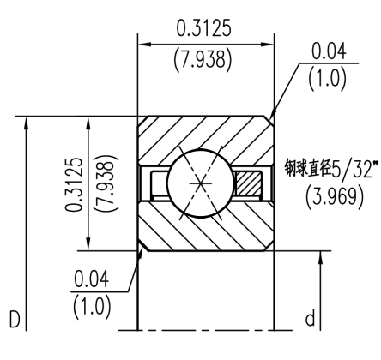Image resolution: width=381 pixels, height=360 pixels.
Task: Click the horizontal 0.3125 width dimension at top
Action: pyautogui.click(x=206, y=27)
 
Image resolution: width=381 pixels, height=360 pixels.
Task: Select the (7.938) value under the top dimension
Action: pyautogui.click(x=206, y=62)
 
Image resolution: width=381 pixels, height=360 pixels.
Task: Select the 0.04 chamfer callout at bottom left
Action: pyautogui.click(x=91, y=279)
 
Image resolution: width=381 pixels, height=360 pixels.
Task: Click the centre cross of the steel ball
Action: pyautogui.click(x=199, y=183)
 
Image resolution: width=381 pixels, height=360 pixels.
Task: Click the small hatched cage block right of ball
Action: pyautogui.click(x=250, y=183)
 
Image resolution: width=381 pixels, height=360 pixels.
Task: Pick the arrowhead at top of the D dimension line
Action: pyautogui.click(x=29, y=122)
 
